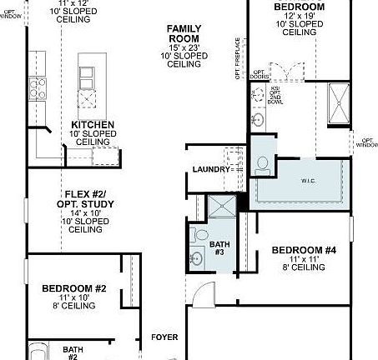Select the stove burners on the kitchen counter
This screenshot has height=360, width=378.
coord(37,83)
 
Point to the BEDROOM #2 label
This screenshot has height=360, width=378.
coord(73,288)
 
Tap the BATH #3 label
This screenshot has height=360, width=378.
coord(219,247)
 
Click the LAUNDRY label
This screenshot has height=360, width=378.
coord(209,169)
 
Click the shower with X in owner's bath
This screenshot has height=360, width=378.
coord(340,103)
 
